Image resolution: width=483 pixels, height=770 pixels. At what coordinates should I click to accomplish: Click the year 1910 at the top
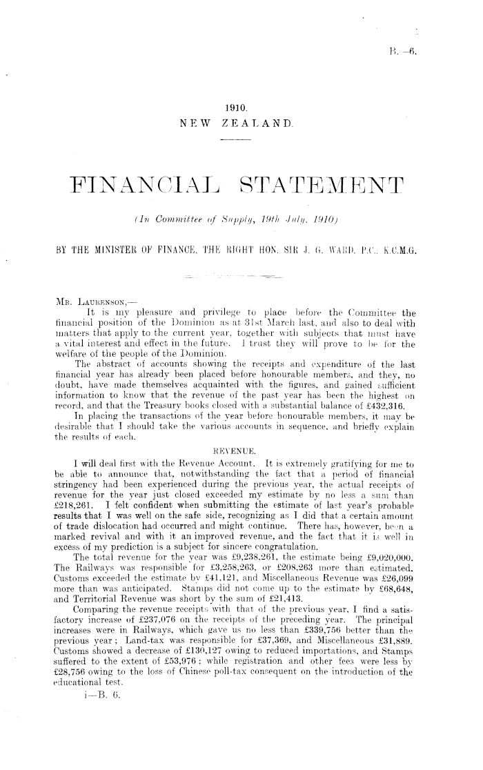[236, 108]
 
